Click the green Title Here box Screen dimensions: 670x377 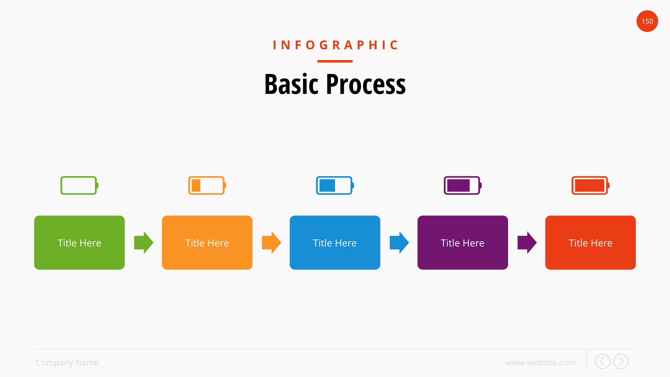(x=79, y=243)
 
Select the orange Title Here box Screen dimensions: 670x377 (x=207, y=243)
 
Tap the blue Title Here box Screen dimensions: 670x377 (x=335, y=243)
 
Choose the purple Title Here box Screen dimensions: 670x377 (x=462, y=243)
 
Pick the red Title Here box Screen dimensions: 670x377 (x=590, y=243)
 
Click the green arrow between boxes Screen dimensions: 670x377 (x=144, y=243)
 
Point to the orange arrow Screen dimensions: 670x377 (x=271, y=243)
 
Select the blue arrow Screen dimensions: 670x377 (x=399, y=243)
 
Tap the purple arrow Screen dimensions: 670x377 (x=527, y=243)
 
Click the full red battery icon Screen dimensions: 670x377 (x=590, y=185)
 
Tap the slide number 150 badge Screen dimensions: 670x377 (x=647, y=21)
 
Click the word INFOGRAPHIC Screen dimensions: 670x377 (x=335, y=45)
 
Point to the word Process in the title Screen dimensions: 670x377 (x=366, y=84)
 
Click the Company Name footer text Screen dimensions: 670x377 (x=67, y=363)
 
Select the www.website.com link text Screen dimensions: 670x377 (x=540, y=363)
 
